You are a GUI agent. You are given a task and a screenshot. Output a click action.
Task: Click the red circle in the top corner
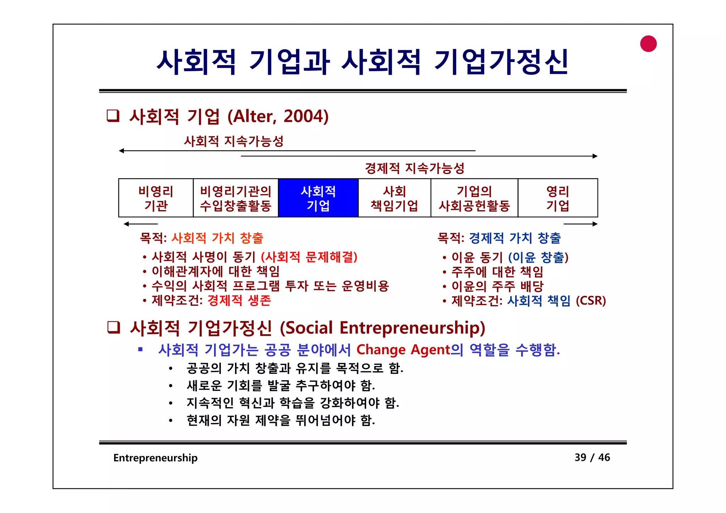(648, 44)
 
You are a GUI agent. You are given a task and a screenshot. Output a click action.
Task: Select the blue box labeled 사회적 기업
(318, 198)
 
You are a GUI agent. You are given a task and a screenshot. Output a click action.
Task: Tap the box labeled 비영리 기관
(156, 198)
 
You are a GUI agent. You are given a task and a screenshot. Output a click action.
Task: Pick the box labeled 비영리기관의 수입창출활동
(236, 198)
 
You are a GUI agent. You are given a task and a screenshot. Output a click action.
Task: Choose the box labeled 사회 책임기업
(395, 198)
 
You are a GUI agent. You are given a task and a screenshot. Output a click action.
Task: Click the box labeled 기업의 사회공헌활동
(474, 198)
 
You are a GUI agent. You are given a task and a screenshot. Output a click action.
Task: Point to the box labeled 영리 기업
(558, 198)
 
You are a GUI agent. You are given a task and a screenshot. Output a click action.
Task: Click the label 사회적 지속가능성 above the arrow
(234, 141)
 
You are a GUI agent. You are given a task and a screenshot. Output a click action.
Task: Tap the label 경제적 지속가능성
(415, 168)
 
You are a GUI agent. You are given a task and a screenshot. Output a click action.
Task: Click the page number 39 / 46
(592, 457)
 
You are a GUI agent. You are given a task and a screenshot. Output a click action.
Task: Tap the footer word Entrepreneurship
(155, 458)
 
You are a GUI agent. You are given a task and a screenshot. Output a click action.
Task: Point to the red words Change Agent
(403, 350)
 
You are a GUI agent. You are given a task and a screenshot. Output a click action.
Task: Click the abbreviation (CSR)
(591, 301)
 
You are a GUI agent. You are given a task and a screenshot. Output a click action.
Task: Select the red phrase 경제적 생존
(239, 301)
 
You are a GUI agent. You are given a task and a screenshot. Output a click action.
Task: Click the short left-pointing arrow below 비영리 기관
(141, 224)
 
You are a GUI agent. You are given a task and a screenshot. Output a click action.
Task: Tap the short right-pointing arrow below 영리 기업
(580, 224)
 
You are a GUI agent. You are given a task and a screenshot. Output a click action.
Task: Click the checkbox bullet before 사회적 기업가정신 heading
(114, 328)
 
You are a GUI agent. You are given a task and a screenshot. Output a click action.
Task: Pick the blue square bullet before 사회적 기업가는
(141, 350)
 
